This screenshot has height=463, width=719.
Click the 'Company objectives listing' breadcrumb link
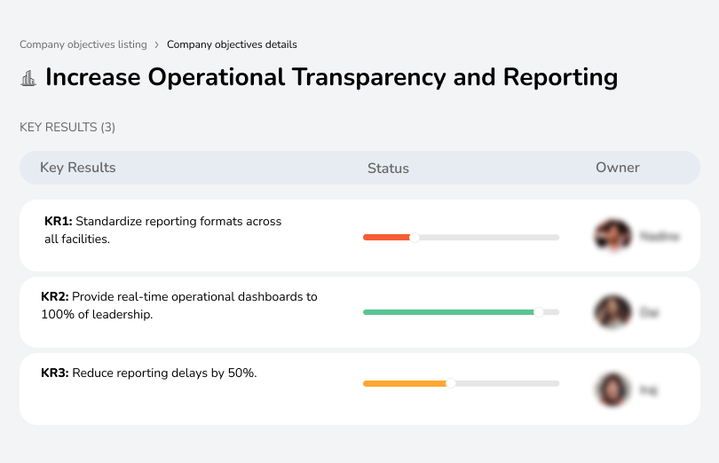[x=82, y=44]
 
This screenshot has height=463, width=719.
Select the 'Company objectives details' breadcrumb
[x=232, y=44]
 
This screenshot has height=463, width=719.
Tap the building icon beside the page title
[x=28, y=78]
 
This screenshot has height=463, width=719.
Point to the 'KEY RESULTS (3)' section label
[x=67, y=127]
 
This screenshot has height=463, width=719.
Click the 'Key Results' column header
[x=77, y=168]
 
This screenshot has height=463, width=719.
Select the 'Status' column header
[x=388, y=168]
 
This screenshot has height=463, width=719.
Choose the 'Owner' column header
[x=617, y=168]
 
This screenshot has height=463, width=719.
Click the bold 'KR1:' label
[x=58, y=222]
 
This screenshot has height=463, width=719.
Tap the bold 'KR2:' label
[x=54, y=297]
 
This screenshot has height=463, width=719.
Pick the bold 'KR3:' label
[x=54, y=373]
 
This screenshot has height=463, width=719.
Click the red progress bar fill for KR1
[x=386, y=237]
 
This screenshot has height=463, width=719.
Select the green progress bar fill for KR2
[x=448, y=312]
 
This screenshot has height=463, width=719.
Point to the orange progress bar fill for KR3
[x=405, y=383]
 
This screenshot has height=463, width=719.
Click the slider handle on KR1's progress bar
[x=414, y=237]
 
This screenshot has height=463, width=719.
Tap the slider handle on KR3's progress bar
[x=451, y=383]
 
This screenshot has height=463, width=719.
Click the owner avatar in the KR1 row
[x=612, y=236]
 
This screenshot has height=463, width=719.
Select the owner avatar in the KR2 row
[x=612, y=312]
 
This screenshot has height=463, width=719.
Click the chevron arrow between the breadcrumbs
[x=157, y=44]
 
